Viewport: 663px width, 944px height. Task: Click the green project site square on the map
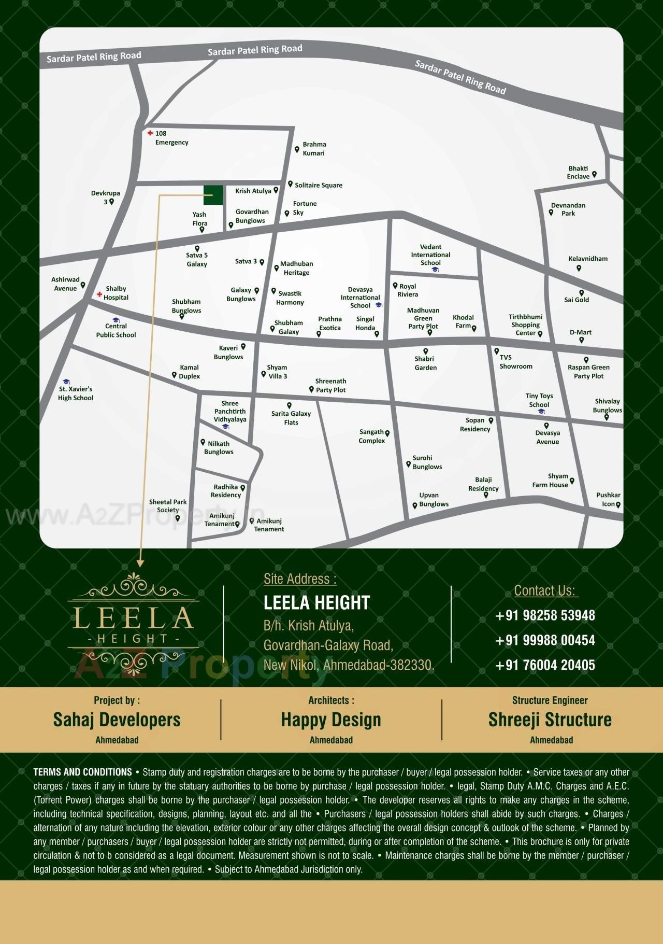tap(213, 195)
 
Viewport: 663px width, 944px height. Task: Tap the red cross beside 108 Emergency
tap(150, 133)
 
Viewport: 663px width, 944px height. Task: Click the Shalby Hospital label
tap(116, 293)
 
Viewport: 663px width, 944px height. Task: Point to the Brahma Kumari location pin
tap(297, 150)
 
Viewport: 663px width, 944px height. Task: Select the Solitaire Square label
tap(318, 185)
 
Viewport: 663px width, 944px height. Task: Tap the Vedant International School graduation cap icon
tap(435, 270)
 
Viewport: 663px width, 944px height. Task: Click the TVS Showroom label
tap(515, 362)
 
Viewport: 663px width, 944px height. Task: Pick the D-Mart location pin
tap(582, 341)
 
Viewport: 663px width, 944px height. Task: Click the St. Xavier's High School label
tap(76, 393)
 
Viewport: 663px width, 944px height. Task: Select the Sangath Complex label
tap(371, 436)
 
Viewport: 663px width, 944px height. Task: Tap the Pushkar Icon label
tap(608, 499)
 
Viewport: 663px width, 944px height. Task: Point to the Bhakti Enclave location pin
tap(594, 175)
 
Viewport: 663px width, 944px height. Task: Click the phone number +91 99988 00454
tap(545, 640)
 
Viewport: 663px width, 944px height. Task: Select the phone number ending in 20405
tap(545, 665)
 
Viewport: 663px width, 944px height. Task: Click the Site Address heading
tap(300, 579)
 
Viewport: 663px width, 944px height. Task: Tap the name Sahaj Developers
tap(117, 720)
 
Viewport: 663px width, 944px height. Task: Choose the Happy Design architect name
tap(331, 720)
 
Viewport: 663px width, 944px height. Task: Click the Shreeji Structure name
tap(550, 720)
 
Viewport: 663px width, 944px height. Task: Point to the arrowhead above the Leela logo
tap(140, 562)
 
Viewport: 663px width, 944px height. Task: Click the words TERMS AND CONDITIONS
tap(83, 772)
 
